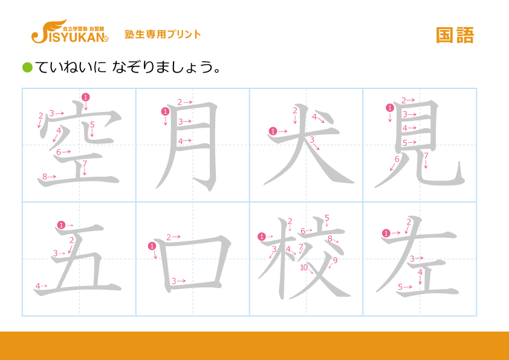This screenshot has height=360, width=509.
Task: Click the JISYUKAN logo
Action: [70, 31]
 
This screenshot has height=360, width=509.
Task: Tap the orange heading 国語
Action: [455, 35]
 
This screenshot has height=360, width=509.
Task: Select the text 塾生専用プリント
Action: [163, 34]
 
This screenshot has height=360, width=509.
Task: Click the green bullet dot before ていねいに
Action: [27, 68]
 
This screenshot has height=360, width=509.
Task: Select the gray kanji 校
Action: [305, 258]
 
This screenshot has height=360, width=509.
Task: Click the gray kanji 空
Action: [80, 145]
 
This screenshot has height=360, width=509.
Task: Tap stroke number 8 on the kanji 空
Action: [45, 177]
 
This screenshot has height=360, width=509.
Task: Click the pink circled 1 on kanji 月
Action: [165, 111]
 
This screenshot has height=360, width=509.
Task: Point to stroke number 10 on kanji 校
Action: [304, 267]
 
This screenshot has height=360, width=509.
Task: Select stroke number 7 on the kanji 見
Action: [426, 156]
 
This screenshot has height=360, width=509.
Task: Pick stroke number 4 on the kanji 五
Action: [37, 286]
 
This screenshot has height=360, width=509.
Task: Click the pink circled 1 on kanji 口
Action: [152, 246]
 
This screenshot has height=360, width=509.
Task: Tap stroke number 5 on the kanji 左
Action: [400, 287]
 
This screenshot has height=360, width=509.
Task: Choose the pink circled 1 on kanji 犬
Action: [273, 131]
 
